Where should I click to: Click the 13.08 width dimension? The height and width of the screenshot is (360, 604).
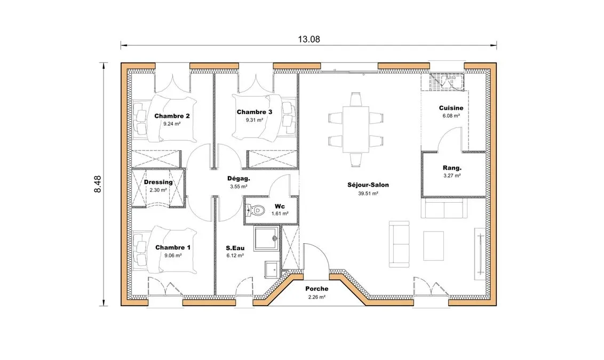308,39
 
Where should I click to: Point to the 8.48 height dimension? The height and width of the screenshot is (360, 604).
98,184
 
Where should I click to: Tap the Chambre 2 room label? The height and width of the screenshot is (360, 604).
172,116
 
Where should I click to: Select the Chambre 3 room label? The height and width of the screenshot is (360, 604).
254,112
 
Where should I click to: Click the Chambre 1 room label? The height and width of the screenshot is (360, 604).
172,247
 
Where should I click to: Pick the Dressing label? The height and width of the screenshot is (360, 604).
158,182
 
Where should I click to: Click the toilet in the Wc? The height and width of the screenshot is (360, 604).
255,210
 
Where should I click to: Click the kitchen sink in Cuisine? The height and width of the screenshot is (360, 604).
446,82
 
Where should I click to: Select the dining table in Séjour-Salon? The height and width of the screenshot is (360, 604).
355,130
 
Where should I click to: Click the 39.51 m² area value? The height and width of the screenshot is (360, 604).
368,193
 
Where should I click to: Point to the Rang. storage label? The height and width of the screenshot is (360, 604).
452,168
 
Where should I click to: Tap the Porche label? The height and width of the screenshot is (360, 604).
316,289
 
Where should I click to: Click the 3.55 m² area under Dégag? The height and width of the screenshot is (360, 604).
239,187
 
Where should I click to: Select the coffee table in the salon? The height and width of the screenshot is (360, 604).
433,246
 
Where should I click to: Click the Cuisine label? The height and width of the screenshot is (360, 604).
451,108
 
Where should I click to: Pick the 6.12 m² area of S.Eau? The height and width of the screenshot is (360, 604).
235,255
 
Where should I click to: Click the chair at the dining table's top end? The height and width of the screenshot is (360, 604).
355,99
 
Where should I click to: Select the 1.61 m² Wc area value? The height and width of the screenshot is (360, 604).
280,214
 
